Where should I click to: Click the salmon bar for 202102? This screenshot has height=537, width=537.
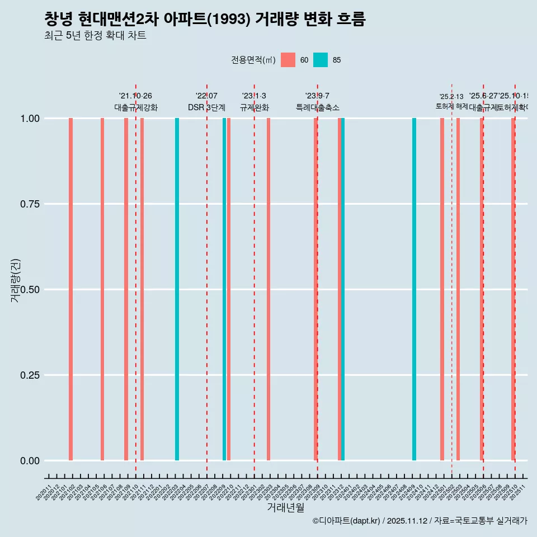(71, 289)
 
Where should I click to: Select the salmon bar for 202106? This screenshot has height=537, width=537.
(102, 289)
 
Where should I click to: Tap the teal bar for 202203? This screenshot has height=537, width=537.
(177, 289)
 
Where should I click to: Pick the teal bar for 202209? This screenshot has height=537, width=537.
(224, 289)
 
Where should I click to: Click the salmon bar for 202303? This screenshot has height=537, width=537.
(268, 289)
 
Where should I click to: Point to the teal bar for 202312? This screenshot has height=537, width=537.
(343, 289)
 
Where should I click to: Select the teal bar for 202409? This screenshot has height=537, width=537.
(414, 289)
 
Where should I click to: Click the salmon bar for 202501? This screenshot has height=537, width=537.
(442, 289)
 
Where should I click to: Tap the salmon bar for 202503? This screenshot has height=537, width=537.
(458, 289)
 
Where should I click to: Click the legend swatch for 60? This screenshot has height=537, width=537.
(288, 60)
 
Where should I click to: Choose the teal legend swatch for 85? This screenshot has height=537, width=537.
(321, 60)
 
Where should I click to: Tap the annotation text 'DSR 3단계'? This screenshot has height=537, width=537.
(206, 107)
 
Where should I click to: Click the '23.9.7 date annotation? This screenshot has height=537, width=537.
(317, 96)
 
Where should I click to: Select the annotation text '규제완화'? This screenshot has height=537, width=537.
(255, 107)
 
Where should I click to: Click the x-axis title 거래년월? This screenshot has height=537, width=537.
(286, 507)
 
